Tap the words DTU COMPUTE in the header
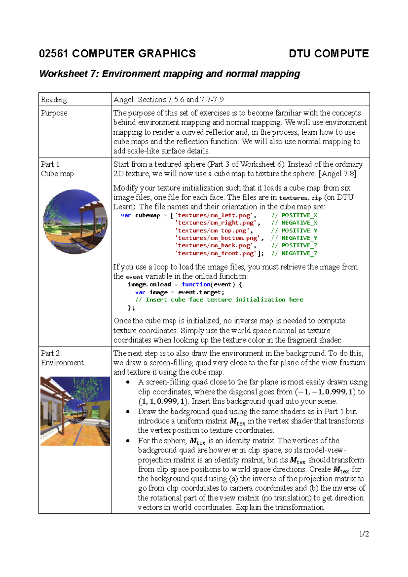tap(328, 54)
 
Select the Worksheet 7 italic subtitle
tap(169, 74)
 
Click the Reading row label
tap(54, 100)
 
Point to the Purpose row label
tap(54, 113)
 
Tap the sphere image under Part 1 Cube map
tap(75, 221)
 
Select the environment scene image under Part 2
tap(75, 411)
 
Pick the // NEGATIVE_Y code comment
tap(294, 238)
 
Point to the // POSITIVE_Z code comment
tap(294, 246)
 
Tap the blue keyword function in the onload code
tap(196, 284)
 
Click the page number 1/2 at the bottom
tap(364, 534)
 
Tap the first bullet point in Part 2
tap(128, 382)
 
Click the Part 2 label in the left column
tap(50, 353)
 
